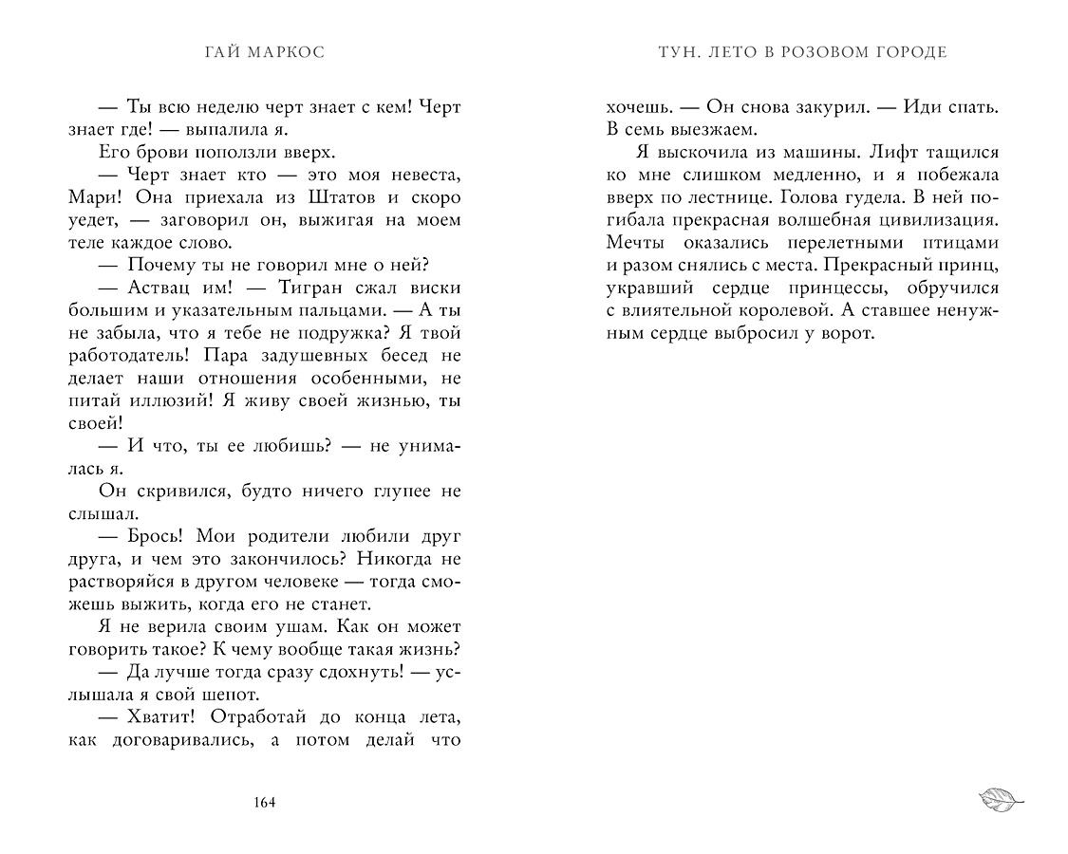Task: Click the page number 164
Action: click(265, 804)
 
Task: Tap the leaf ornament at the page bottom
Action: click(1001, 799)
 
